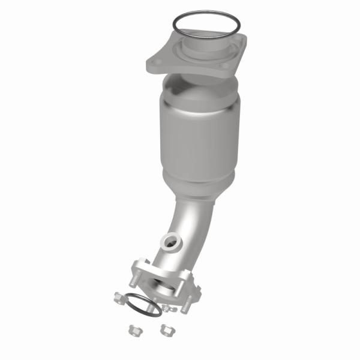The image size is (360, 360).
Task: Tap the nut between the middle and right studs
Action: click(x=170, y=308)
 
